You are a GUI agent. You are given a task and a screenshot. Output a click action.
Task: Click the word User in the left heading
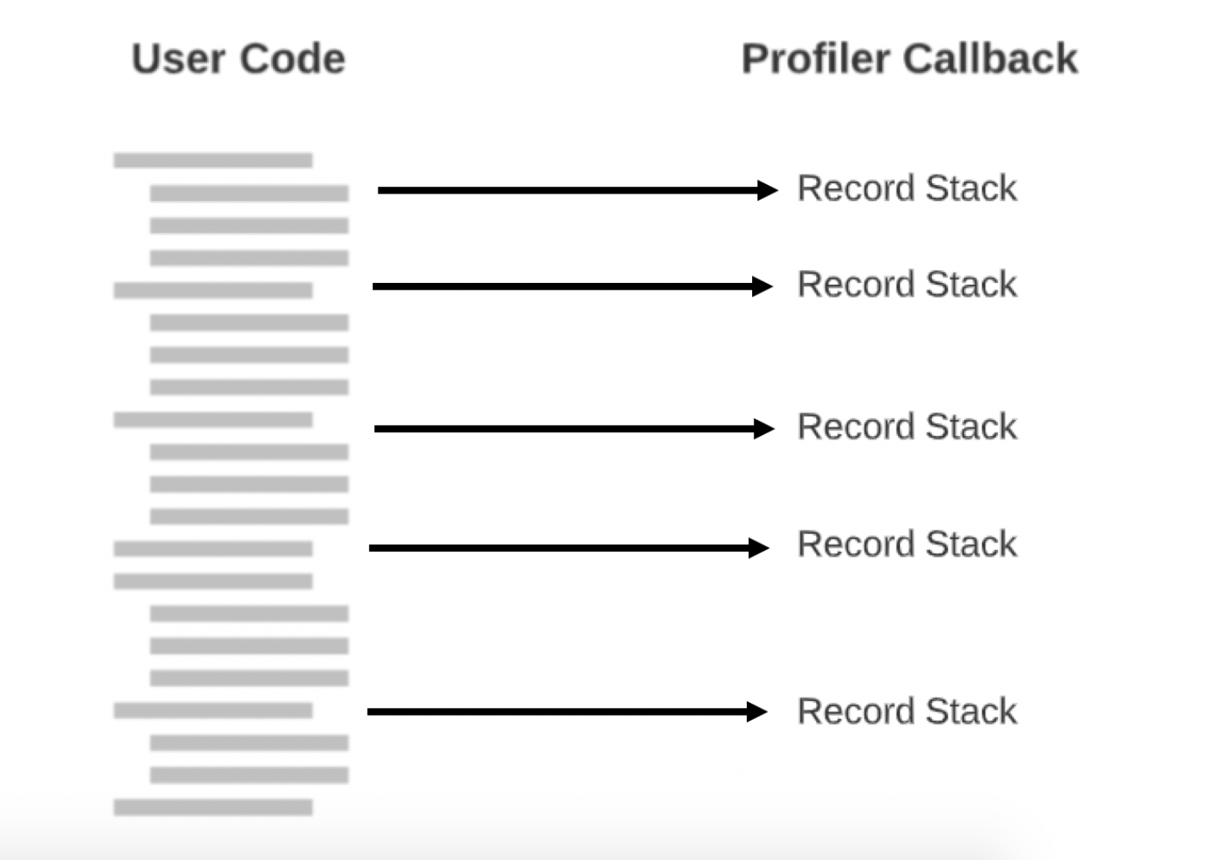(177, 59)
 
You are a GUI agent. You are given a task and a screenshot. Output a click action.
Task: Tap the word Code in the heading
(292, 59)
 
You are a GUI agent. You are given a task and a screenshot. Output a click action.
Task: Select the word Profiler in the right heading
(815, 59)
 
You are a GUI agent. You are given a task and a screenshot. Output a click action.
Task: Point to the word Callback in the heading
(990, 59)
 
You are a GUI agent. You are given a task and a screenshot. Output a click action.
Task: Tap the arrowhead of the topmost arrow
(766, 190)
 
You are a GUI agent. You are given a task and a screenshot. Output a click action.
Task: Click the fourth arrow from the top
(567, 547)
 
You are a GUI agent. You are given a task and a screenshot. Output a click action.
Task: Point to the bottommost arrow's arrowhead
(756, 711)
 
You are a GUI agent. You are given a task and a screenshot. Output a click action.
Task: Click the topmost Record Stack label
(907, 188)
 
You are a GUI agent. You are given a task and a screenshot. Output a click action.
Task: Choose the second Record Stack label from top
(907, 285)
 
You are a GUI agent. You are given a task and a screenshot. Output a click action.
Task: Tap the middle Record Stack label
(907, 427)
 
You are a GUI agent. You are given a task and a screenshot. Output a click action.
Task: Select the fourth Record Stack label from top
(907, 544)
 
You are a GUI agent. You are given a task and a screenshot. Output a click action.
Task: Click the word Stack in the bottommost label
(971, 711)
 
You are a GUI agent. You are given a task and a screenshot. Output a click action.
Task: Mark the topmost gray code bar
(213, 160)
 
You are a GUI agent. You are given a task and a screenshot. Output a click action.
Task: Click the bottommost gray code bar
(213, 807)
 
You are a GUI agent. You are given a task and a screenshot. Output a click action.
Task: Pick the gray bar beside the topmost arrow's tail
(249, 193)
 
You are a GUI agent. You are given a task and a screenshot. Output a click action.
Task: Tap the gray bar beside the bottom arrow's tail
(213, 710)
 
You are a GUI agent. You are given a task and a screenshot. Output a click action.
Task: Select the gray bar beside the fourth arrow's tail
(213, 548)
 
